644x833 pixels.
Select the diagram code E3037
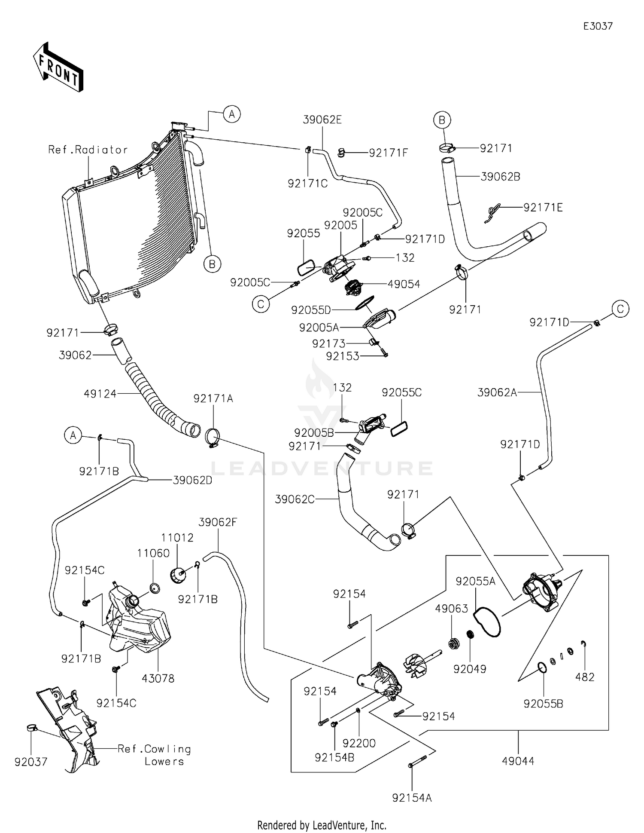[x=598, y=26]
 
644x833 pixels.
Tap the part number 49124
[x=100, y=393]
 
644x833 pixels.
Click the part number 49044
[x=518, y=761]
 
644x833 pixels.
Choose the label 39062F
[x=218, y=522]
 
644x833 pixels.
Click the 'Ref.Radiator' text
[x=88, y=150]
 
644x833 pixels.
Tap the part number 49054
[x=404, y=284]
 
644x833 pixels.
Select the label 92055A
[x=476, y=581]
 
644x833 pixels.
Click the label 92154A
[x=412, y=798]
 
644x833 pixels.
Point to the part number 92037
[x=31, y=762]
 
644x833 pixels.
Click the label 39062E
[x=322, y=120]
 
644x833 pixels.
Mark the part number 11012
[x=177, y=538]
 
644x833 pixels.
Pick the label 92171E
[x=543, y=208]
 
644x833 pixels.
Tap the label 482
[x=585, y=677]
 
